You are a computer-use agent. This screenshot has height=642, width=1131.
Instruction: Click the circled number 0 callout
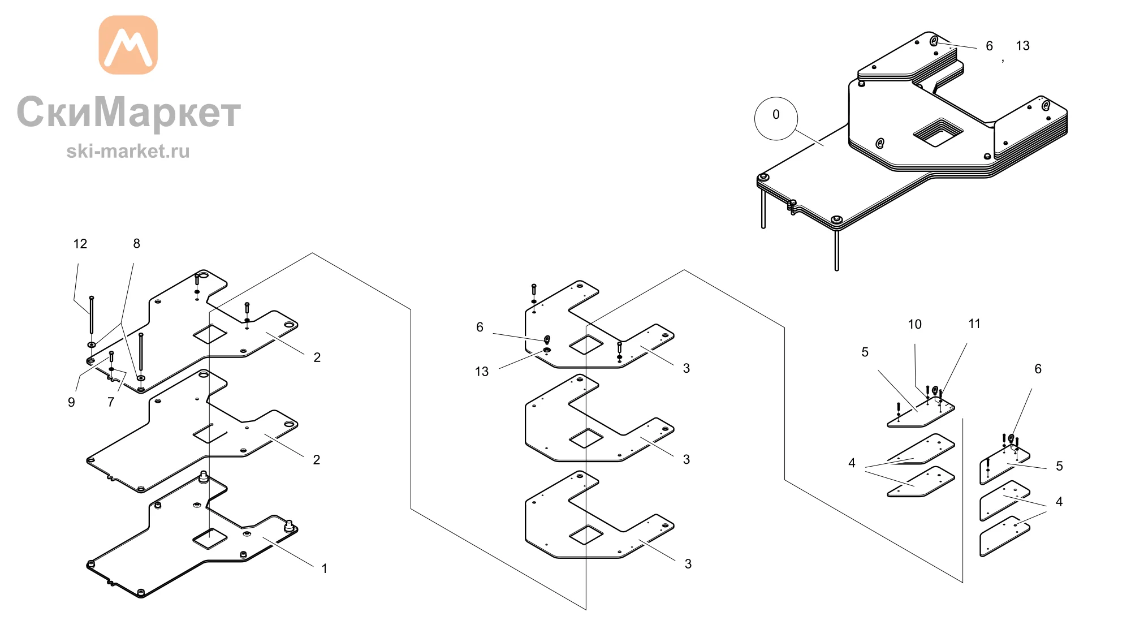coord(776,118)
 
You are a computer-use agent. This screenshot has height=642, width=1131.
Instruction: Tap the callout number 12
coord(80,244)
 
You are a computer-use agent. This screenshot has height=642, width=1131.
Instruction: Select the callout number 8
coord(136,243)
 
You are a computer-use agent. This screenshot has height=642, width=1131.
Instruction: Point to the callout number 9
coord(71,402)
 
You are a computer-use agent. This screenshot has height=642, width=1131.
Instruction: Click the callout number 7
coord(111,402)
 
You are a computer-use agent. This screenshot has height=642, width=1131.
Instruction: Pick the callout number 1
coord(325,568)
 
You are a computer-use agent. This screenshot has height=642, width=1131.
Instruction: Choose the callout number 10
coord(915,324)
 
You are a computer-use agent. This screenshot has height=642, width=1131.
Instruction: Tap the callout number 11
coord(974,324)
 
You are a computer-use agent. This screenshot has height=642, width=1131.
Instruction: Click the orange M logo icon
coord(128,45)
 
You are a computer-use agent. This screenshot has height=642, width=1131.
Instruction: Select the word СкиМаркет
coord(129,111)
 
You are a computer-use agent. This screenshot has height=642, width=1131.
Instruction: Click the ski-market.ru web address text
coord(128,151)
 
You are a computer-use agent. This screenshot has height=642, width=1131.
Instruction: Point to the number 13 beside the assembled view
coord(1023,46)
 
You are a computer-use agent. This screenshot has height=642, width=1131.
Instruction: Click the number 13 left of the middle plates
coord(482,372)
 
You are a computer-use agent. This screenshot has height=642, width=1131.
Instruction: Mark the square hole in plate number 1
coord(210,540)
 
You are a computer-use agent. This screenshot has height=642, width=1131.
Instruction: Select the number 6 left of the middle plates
coord(480,327)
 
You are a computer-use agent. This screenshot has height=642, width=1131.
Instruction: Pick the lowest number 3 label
coord(688,564)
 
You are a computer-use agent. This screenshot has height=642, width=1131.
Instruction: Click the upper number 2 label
coord(317,357)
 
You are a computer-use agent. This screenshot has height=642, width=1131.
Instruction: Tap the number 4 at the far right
coord(1059,502)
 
